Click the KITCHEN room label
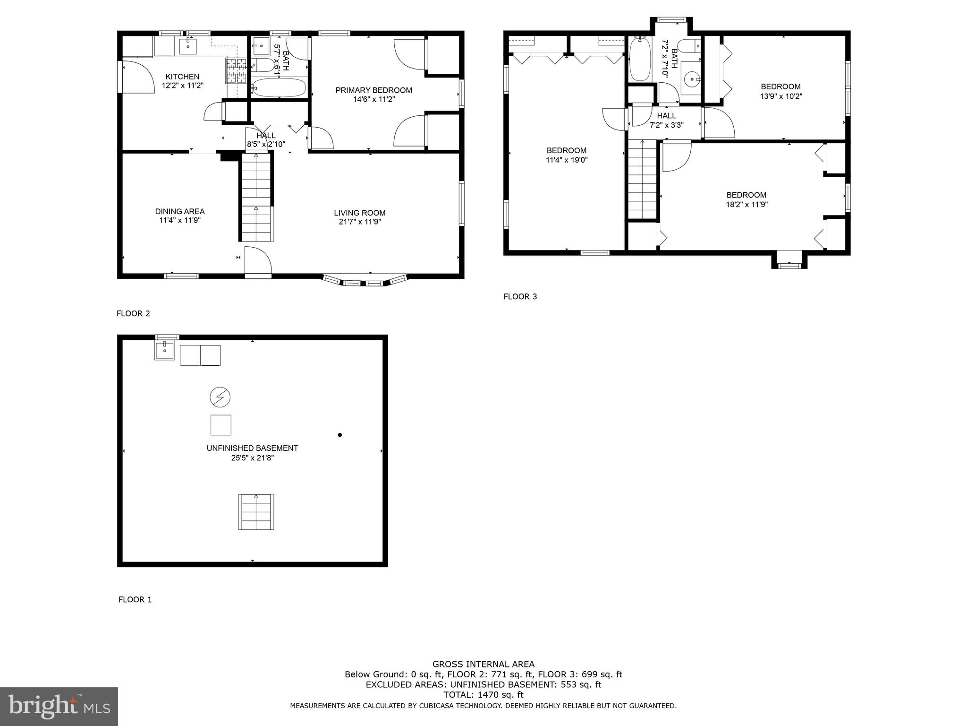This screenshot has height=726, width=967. [182, 77]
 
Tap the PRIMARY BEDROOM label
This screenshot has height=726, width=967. [373, 90]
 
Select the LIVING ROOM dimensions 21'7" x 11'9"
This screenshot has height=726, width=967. [360, 222]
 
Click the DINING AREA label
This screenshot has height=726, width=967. [180, 211]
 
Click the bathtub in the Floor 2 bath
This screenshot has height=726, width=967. [279, 88]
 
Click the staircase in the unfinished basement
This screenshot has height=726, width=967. [256, 512]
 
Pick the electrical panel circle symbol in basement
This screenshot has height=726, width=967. [220, 398]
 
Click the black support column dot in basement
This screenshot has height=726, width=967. [339, 435]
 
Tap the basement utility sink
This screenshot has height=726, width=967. [164, 351]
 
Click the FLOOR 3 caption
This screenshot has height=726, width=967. [520, 297]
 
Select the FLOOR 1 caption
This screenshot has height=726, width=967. [135, 600]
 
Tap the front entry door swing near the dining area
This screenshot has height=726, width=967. [258, 261]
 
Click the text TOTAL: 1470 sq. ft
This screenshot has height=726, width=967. [483, 695]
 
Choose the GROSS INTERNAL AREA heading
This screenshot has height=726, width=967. [483, 664]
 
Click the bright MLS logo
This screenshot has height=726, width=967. [59, 706]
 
